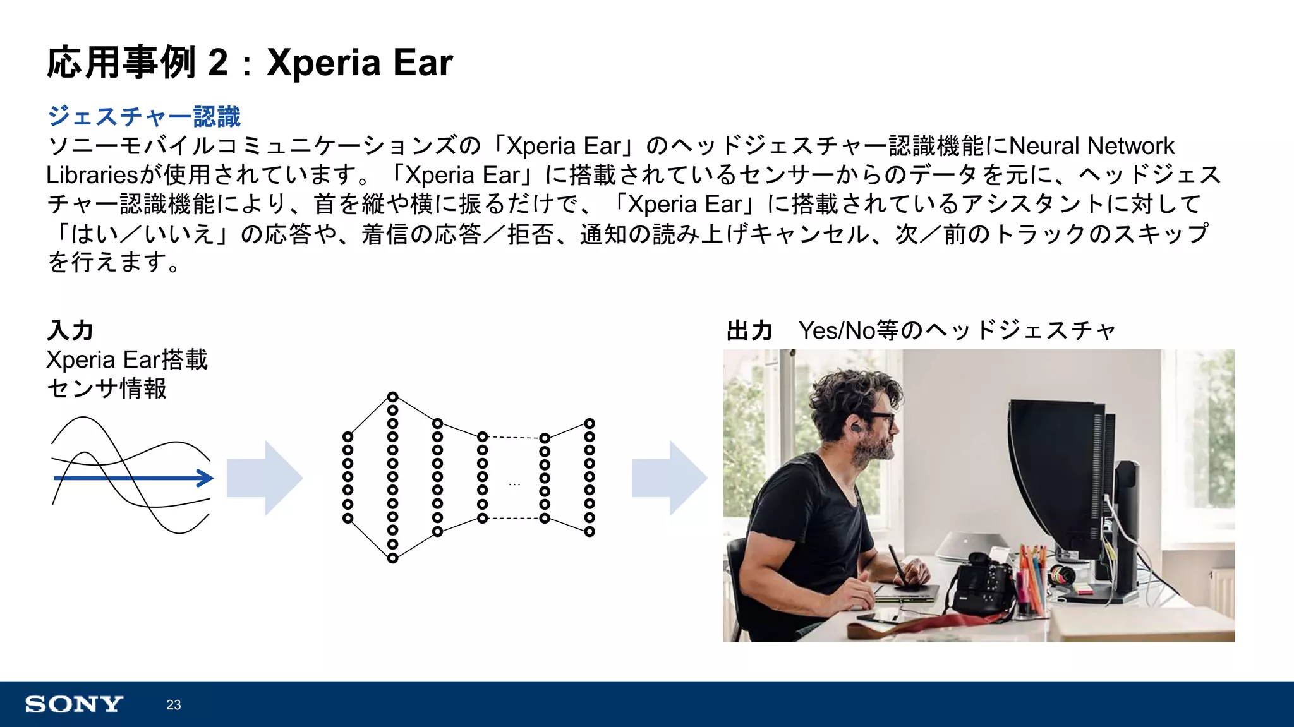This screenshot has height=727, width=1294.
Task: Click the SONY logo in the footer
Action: tap(74, 704)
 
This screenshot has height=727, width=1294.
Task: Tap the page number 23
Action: tap(174, 705)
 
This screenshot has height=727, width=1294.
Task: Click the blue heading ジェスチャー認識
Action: tap(144, 117)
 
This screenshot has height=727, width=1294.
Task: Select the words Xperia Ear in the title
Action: tap(360, 63)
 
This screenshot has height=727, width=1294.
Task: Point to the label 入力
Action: tap(70, 330)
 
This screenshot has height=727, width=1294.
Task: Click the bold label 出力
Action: tap(750, 330)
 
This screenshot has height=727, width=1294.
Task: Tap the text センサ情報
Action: tap(107, 388)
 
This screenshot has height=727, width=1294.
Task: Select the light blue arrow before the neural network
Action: tap(265, 478)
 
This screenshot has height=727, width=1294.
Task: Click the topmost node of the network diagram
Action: tap(392, 397)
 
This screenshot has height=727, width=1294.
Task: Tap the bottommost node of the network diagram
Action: tap(392, 558)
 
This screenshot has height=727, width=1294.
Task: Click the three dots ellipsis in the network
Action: tap(514, 484)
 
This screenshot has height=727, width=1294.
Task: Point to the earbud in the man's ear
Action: tap(854, 428)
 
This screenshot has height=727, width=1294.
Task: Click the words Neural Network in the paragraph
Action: tap(1092, 146)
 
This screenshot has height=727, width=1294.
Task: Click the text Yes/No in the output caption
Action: tap(836, 330)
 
